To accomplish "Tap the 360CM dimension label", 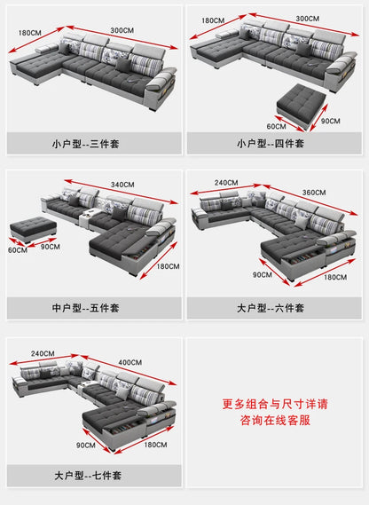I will (x=314, y=192).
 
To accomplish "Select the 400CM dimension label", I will (x=130, y=361).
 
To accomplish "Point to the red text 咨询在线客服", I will (x=276, y=421).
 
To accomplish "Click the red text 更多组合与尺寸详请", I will (x=276, y=404).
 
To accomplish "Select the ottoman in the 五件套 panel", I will (x=33, y=230).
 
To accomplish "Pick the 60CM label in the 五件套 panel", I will (x=18, y=250).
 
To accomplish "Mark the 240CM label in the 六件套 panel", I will (x=225, y=183).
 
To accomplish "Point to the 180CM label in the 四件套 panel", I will (x=212, y=20).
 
